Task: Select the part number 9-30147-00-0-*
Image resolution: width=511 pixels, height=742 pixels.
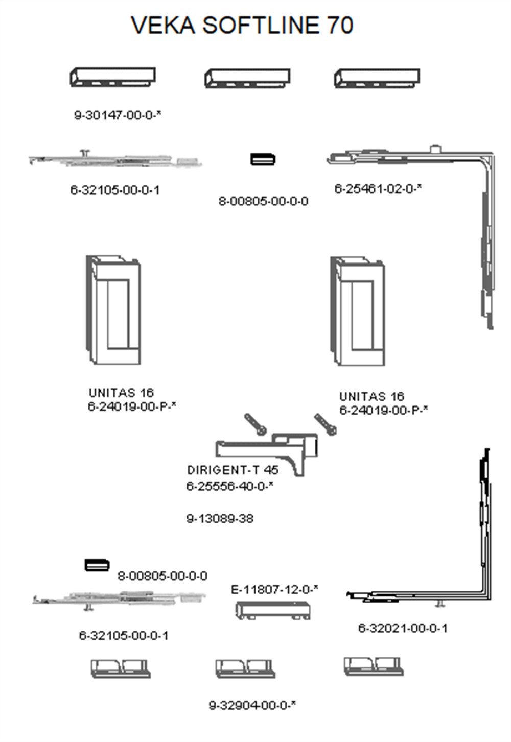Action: click(x=118, y=115)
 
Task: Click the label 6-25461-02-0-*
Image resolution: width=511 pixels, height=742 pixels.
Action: click(x=378, y=188)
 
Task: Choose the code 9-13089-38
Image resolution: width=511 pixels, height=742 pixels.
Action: click(x=220, y=519)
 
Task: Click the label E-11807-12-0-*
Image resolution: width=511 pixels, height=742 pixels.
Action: click(x=274, y=590)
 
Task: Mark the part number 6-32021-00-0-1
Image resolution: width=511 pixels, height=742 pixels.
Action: click(x=403, y=628)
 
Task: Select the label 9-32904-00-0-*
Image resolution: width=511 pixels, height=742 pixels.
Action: click(x=252, y=706)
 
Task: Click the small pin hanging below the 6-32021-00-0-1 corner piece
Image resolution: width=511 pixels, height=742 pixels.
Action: click(x=439, y=604)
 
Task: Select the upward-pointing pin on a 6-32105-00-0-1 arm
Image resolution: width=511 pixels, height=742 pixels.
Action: click(x=85, y=152)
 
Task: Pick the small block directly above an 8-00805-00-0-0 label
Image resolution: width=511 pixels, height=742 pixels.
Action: click(x=263, y=159)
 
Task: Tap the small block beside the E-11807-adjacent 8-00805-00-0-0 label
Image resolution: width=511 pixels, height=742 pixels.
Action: click(x=97, y=565)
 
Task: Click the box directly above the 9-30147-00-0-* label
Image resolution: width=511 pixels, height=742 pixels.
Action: click(x=113, y=77)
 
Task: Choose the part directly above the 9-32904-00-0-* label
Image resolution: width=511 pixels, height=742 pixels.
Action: click(x=245, y=668)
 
